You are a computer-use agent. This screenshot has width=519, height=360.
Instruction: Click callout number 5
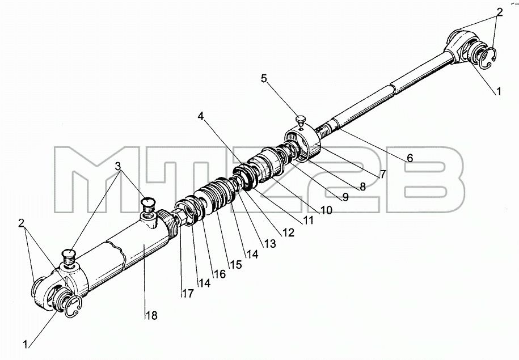264,79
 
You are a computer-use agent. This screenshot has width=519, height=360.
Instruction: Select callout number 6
410,158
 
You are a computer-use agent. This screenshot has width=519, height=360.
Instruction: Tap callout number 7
383,173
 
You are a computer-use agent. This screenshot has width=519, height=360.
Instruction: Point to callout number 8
362,187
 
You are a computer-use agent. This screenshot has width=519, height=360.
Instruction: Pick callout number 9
345,197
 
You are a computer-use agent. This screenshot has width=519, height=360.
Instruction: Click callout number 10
326,210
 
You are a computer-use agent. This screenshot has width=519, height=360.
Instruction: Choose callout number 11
308,221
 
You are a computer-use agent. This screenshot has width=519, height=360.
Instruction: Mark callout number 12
288,232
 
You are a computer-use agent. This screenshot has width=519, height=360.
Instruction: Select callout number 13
270,244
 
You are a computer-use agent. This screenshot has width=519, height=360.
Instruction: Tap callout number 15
235,264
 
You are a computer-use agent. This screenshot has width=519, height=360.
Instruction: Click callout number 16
220,273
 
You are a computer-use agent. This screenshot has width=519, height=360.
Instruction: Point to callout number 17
188,293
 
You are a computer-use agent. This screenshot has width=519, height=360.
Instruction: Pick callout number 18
151,316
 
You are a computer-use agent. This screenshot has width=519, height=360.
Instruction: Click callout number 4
201,116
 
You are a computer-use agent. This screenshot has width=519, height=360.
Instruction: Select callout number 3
118,166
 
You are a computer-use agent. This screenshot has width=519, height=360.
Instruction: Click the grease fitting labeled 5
301,120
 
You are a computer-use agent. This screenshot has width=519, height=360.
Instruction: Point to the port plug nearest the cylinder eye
69,258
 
